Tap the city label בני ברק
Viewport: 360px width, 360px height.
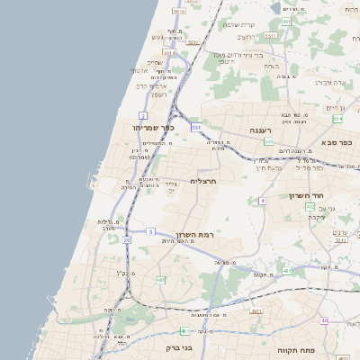(179, 347)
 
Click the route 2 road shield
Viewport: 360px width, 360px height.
(142, 116)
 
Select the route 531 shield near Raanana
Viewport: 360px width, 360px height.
(196, 127)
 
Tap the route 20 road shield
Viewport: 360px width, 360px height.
(127, 240)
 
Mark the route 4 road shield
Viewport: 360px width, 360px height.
(262, 201)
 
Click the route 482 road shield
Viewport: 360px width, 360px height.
(160, 280)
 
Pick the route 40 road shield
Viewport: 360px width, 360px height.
(323, 320)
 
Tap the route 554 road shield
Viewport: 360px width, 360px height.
(337, 119)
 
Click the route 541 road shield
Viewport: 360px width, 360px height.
(268, 141)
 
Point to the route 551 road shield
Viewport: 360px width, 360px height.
(285, 21)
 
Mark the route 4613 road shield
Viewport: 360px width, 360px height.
(256, 310)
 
